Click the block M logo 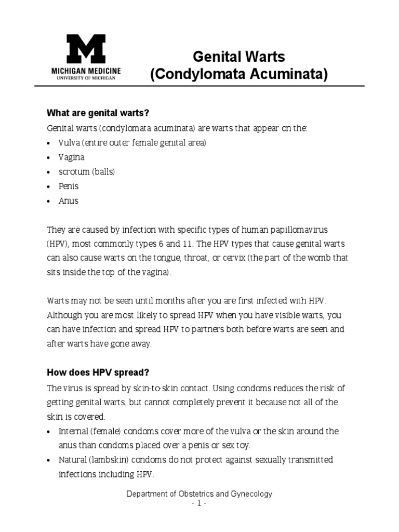point(86,49)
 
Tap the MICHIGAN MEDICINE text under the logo point(86,70)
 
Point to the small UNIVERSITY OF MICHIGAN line point(86,77)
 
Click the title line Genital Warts point(239,56)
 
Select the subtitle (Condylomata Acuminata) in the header point(239,75)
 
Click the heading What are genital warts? point(101,113)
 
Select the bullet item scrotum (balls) point(87,171)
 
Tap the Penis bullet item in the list point(69,186)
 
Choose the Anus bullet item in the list point(69,201)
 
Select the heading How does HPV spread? point(98,373)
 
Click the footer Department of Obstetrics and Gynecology point(199,494)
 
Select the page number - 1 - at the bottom point(199,503)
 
